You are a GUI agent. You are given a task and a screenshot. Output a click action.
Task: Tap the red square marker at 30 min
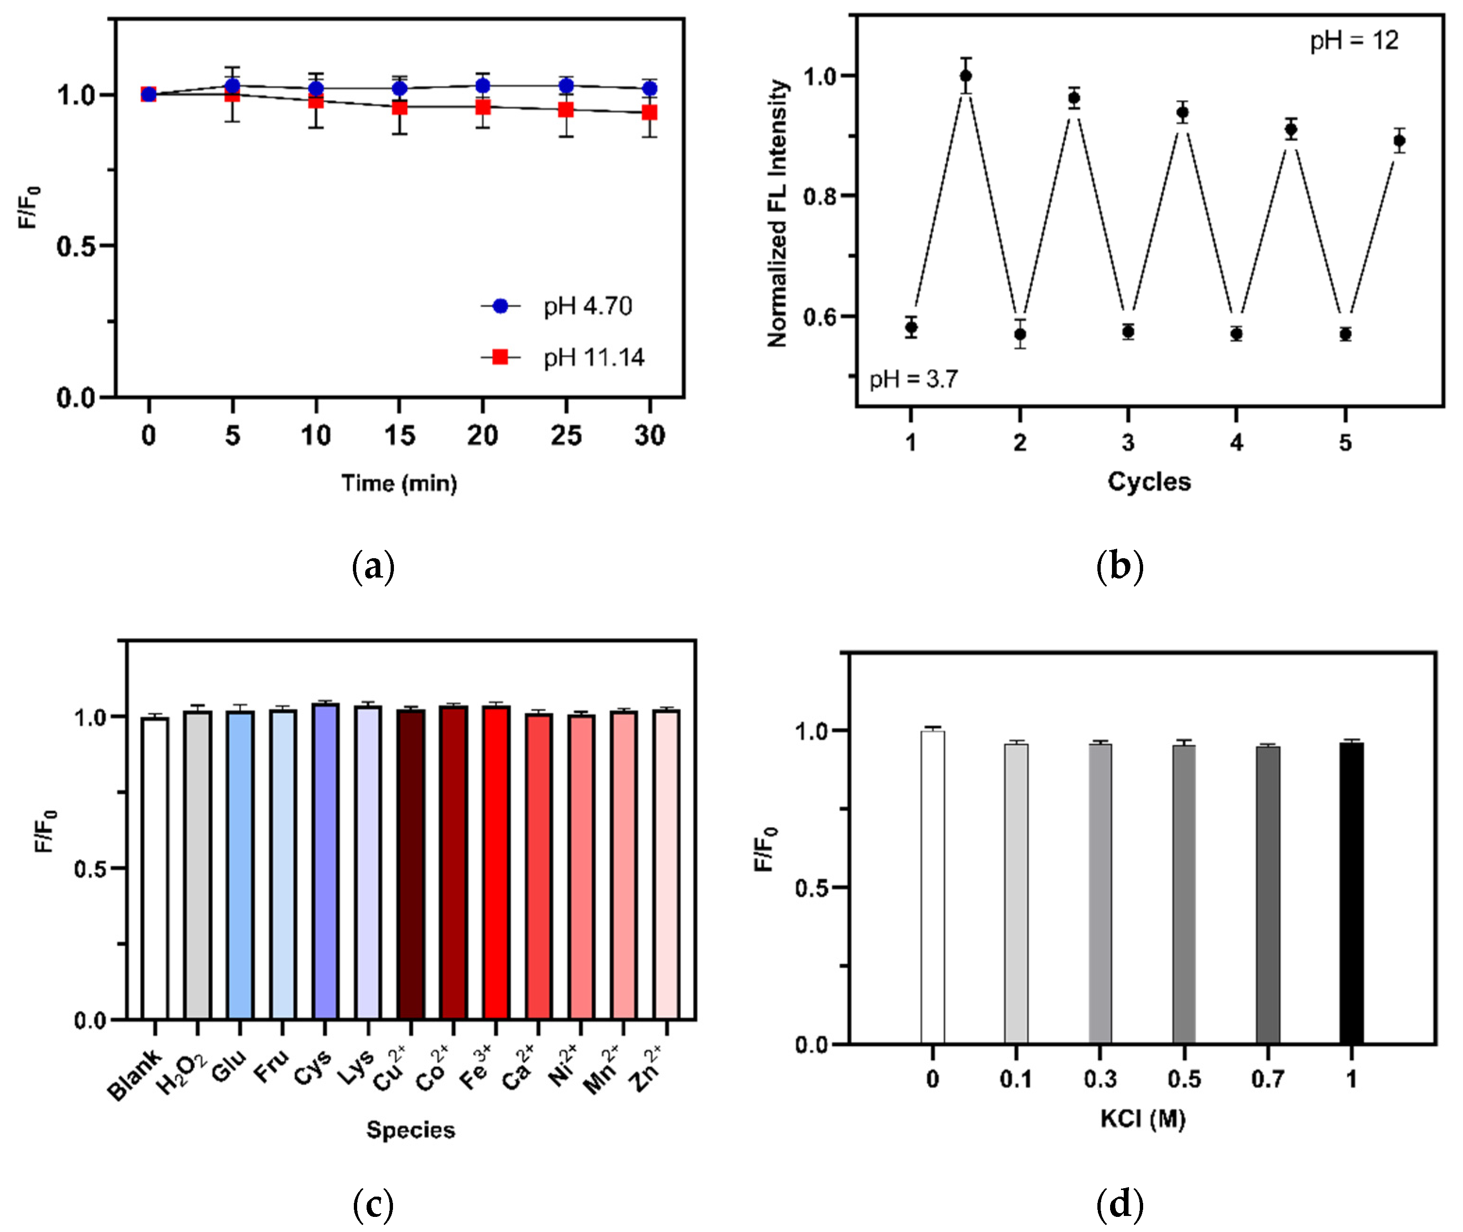tap(650, 112)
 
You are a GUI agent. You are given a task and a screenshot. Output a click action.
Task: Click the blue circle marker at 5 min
tap(233, 86)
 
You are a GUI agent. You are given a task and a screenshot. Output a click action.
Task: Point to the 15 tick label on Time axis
tap(400, 436)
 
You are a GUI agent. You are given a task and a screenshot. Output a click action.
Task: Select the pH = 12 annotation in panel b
tap(1354, 41)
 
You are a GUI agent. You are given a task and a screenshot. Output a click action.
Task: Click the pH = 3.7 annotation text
tap(913, 379)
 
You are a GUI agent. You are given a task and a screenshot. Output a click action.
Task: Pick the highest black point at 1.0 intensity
tap(966, 75)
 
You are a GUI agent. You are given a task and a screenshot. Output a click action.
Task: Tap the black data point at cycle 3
tap(1128, 331)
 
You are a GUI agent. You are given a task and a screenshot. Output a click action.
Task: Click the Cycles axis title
tap(1149, 482)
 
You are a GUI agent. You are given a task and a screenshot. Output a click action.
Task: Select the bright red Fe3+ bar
tap(496, 863)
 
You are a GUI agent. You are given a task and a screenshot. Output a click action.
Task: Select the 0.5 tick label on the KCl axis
tap(1184, 1080)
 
